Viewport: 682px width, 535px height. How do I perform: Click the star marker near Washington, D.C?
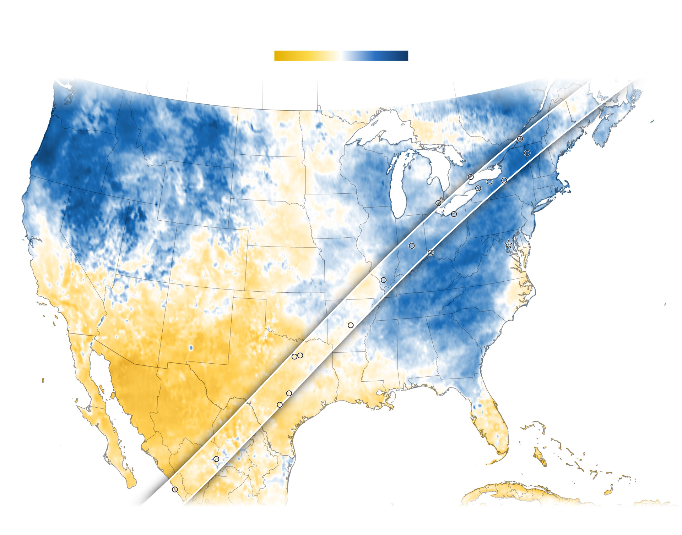pyautogui.click(x=508, y=244)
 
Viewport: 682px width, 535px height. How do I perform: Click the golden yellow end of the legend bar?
pyautogui.click(x=278, y=56)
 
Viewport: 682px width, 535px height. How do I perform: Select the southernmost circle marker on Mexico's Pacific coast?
pyautogui.click(x=175, y=489)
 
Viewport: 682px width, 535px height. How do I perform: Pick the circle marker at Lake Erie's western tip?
pyautogui.click(x=438, y=203)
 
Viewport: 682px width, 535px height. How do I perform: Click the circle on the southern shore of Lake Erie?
pyautogui.click(x=454, y=214)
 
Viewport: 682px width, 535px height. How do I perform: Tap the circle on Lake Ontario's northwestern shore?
pyautogui.click(x=471, y=177)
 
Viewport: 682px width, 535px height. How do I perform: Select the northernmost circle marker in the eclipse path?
pyautogui.click(x=520, y=139)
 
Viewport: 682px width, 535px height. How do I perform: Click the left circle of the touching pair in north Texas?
pyautogui.click(x=294, y=357)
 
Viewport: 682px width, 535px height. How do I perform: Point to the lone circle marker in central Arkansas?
pyautogui.click(x=351, y=325)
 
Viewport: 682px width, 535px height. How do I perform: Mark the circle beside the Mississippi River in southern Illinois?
pyautogui.click(x=384, y=280)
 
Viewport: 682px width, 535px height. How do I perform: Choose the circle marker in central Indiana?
pyautogui.click(x=412, y=246)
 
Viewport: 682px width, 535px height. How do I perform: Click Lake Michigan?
pyautogui.click(x=401, y=184)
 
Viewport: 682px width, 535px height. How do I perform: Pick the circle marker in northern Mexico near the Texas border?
pyautogui.click(x=216, y=459)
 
